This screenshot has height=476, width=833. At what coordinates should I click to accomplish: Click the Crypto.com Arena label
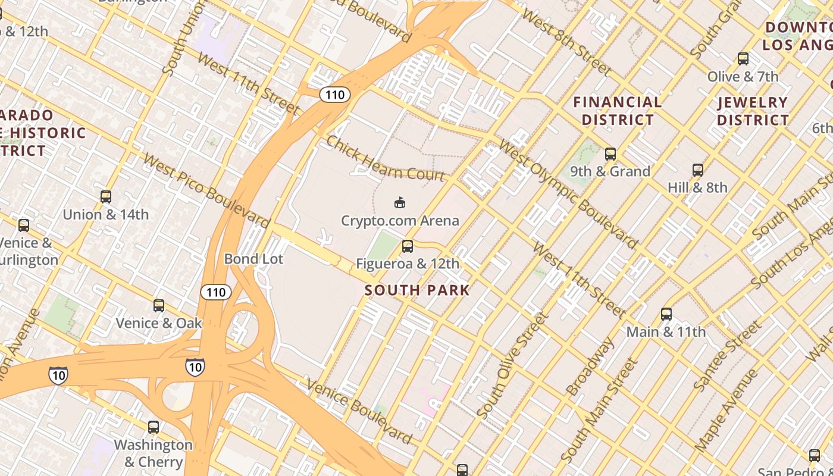click(x=400, y=221)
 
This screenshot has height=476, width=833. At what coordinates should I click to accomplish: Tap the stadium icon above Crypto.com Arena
click(x=400, y=203)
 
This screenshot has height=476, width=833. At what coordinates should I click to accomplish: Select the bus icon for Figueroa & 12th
click(x=408, y=246)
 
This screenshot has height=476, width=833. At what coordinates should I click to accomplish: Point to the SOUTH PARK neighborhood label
click(x=417, y=290)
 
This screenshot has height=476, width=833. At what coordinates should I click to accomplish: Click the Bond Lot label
click(x=253, y=259)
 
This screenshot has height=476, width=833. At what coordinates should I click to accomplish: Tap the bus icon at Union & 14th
click(x=106, y=196)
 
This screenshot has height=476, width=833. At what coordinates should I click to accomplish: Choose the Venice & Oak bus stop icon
click(x=159, y=305)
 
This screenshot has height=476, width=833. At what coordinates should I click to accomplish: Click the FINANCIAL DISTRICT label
click(x=618, y=111)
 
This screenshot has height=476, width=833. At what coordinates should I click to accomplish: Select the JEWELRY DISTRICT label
click(x=753, y=111)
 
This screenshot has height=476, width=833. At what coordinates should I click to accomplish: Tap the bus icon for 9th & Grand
click(x=610, y=154)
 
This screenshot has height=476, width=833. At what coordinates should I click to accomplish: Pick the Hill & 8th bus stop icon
click(x=698, y=170)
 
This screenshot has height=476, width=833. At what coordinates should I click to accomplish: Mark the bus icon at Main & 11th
click(x=666, y=314)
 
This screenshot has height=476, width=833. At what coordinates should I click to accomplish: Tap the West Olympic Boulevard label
click(x=568, y=195)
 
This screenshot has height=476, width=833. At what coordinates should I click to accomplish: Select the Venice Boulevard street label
click(x=359, y=412)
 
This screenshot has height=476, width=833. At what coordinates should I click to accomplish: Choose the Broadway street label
click(x=590, y=367)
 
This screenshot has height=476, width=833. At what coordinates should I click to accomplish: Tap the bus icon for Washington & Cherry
click(x=154, y=427)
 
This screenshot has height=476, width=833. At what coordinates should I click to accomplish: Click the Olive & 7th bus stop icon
click(x=743, y=59)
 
